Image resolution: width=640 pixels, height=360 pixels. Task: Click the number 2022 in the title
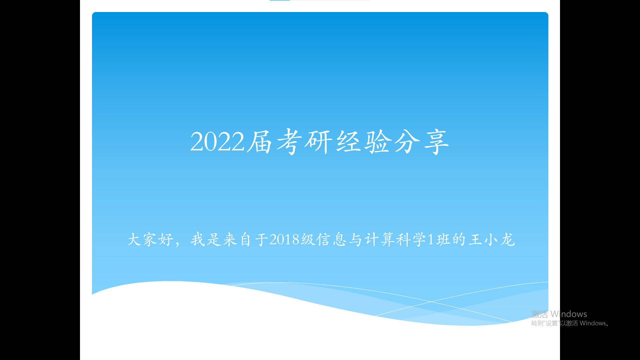click(x=217, y=142)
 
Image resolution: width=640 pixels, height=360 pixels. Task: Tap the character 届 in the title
click(x=259, y=142)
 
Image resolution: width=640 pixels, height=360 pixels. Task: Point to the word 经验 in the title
click(x=364, y=142)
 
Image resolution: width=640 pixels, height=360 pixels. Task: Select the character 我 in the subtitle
click(x=198, y=239)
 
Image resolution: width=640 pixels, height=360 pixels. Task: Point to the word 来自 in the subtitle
click(x=237, y=239)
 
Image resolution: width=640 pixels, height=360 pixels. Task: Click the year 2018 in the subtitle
click(x=284, y=239)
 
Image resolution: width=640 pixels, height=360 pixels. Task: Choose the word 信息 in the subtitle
click(x=332, y=239)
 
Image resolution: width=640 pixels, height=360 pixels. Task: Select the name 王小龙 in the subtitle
click(x=492, y=239)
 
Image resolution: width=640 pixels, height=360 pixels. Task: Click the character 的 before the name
click(x=459, y=239)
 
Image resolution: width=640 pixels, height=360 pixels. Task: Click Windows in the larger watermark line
click(x=569, y=314)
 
